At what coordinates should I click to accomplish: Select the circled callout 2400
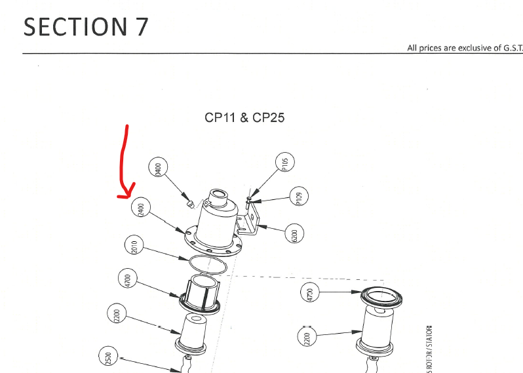click(x=139, y=209)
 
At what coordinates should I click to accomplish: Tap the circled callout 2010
click(x=133, y=246)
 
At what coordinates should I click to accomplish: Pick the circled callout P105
click(x=285, y=163)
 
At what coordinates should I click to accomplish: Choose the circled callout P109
click(x=299, y=197)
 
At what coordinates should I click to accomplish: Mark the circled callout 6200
click(x=294, y=235)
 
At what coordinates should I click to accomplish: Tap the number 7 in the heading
click(x=138, y=27)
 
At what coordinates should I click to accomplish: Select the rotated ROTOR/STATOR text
click(x=429, y=347)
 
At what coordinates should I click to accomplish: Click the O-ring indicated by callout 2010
click(x=208, y=265)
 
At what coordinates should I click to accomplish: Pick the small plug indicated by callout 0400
click(x=190, y=204)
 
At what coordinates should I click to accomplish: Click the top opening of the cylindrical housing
click(x=218, y=195)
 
